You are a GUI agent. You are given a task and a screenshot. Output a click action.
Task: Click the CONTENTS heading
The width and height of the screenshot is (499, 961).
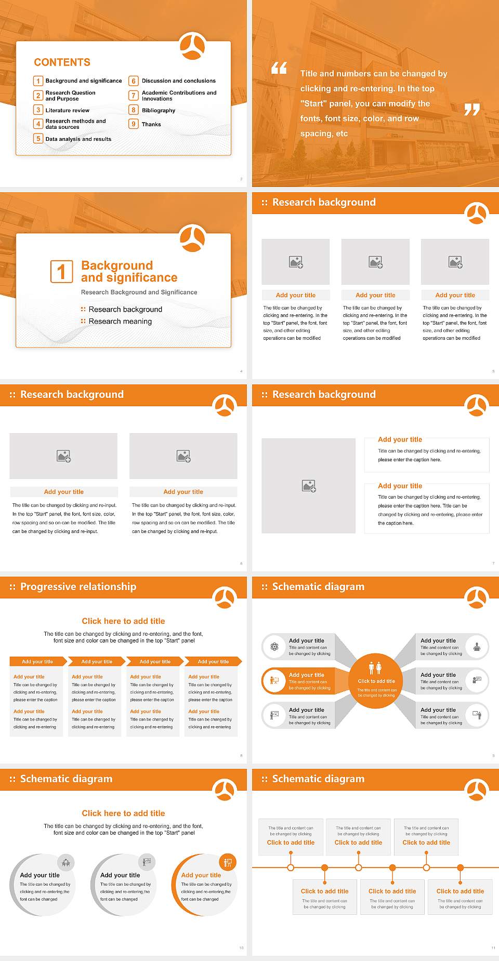[x=62, y=62]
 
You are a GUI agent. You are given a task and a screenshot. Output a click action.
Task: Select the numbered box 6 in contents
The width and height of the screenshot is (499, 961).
[x=134, y=81]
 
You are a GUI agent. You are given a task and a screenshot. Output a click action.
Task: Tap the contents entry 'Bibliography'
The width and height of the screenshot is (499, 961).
[x=159, y=111]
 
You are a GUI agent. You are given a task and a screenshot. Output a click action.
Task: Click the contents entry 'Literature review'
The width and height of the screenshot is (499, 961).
[x=67, y=111]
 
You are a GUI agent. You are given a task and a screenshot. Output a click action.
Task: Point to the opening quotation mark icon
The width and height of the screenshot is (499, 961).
[x=279, y=68]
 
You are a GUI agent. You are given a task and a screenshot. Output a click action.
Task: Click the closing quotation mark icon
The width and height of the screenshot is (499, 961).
[x=471, y=109]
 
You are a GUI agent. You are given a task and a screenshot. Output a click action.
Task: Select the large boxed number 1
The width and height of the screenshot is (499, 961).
[x=61, y=271]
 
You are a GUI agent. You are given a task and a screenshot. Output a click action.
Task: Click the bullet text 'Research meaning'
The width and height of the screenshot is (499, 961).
[x=120, y=322]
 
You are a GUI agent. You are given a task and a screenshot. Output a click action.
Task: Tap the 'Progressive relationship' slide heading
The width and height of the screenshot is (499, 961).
[x=78, y=586]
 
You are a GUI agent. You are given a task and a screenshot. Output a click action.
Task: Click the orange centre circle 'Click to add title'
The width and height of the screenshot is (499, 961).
[x=376, y=681]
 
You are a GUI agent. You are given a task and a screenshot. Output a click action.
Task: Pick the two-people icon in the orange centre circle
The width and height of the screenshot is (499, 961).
[x=375, y=668]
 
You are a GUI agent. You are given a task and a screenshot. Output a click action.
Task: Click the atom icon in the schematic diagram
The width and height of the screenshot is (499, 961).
[x=274, y=647]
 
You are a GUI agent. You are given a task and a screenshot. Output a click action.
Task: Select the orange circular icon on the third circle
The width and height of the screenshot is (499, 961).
[x=228, y=863]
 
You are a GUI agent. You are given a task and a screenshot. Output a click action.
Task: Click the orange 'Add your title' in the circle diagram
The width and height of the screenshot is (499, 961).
[x=201, y=875]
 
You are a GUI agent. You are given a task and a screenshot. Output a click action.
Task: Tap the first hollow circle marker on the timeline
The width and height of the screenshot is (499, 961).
[x=291, y=867]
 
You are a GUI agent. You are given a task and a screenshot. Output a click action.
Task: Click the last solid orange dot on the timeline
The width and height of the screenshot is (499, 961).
[x=460, y=867]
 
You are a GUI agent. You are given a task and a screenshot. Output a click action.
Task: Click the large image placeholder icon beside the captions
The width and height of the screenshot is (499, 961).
[x=309, y=486]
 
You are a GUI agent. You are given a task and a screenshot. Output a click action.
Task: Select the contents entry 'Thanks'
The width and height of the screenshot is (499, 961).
[x=151, y=125]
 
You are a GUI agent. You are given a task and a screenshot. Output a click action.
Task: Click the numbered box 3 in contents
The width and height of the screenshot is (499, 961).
[x=38, y=110]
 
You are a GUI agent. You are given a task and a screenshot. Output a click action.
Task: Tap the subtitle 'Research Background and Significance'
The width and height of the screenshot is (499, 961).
[x=139, y=292]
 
